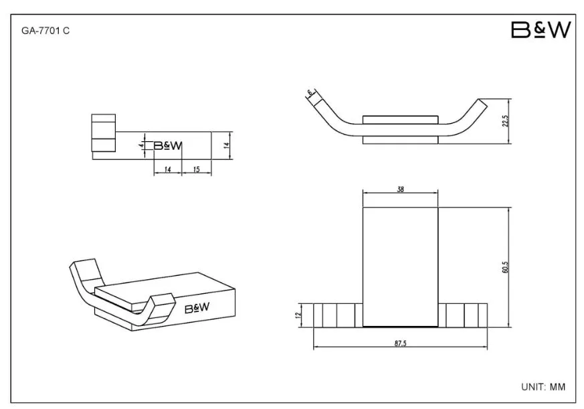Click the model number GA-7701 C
click(x=45, y=31)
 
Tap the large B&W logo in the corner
click(x=541, y=30)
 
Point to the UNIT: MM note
click(x=543, y=387)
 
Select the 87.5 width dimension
click(x=401, y=343)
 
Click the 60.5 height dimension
click(x=505, y=267)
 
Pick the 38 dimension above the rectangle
click(x=401, y=189)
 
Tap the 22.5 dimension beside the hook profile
click(x=505, y=120)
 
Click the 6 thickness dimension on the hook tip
click(x=309, y=92)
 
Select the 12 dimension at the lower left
click(x=298, y=315)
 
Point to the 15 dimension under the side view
click(x=196, y=169)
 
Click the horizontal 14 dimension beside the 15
click(x=167, y=169)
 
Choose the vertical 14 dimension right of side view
click(x=227, y=145)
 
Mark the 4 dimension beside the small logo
click(x=142, y=145)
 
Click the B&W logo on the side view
click(x=168, y=145)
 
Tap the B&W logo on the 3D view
click(x=197, y=308)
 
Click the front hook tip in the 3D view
click(x=163, y=299)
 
